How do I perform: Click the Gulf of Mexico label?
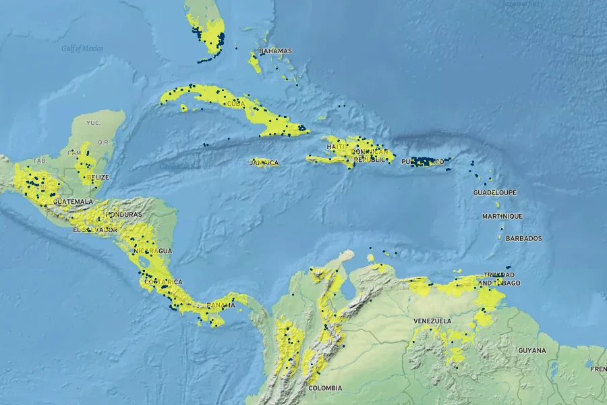82,48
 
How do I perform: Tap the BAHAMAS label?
275,51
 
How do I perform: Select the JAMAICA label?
264,163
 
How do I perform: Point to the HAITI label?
336,147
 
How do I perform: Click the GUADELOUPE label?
494,193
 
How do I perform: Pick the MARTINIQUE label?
502,217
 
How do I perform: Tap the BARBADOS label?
523,239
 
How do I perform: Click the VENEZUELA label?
432,321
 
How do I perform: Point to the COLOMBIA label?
325,388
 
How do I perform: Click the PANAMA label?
221,305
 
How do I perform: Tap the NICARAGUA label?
153,251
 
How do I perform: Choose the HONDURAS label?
123,215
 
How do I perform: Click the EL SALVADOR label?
95,230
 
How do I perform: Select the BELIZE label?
98,178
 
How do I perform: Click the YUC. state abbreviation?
93,123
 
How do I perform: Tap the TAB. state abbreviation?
40,161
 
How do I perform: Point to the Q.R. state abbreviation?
103,142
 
